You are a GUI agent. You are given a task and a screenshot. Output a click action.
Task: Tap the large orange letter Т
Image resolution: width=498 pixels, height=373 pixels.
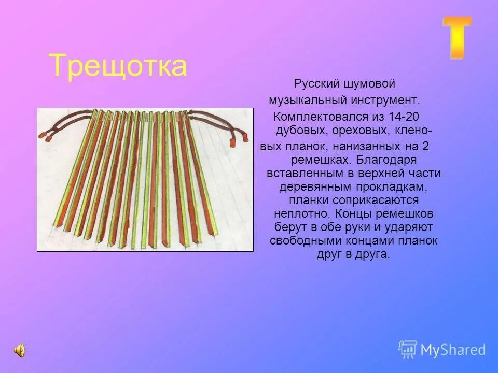pyautogui.click(x=457, y=37)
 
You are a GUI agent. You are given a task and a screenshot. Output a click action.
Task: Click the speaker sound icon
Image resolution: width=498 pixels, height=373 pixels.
pyautogui.click(x=19, y=350)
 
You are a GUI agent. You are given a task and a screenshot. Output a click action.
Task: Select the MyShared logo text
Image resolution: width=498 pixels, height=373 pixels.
pyautogui.click(x=453, y=350)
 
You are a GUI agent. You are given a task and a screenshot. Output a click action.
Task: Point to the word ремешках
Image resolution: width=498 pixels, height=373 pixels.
pyautogui.click(x=313, y=160)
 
